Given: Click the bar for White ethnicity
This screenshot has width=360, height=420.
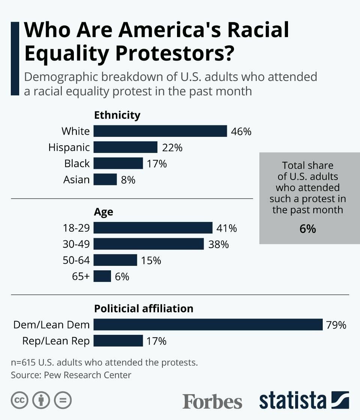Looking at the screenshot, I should tap(160, 131).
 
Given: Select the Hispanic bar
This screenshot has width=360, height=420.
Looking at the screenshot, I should tap(125, 147).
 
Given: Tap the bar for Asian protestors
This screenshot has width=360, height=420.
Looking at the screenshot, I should tap(105, 180).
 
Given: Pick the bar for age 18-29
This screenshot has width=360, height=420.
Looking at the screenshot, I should tap(153, 228).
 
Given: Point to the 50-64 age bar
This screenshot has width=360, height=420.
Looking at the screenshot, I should tap(115, 260).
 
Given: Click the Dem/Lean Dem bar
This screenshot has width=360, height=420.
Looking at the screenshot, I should tap(208, 325).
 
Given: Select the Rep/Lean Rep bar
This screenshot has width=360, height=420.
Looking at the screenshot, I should tap(118, 341).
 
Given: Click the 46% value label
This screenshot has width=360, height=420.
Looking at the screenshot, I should tap(241, 132).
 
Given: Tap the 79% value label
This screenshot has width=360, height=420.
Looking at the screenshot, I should tap(336, 325).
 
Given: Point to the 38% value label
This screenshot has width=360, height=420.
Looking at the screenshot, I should tap(218, 244).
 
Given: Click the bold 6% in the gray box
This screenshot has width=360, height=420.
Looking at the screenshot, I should tap(307, 229).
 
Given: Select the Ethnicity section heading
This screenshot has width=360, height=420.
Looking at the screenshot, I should tap(117, 115).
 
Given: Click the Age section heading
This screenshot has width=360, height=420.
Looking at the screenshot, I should tap(103, 212).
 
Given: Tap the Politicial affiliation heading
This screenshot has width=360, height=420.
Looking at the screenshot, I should tap(144, 309).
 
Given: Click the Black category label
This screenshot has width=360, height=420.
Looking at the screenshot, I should tap(77, 163).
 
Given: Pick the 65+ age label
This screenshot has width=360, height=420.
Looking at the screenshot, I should tap(81, 276).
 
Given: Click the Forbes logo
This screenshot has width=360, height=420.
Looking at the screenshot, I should tap(212, 401).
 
